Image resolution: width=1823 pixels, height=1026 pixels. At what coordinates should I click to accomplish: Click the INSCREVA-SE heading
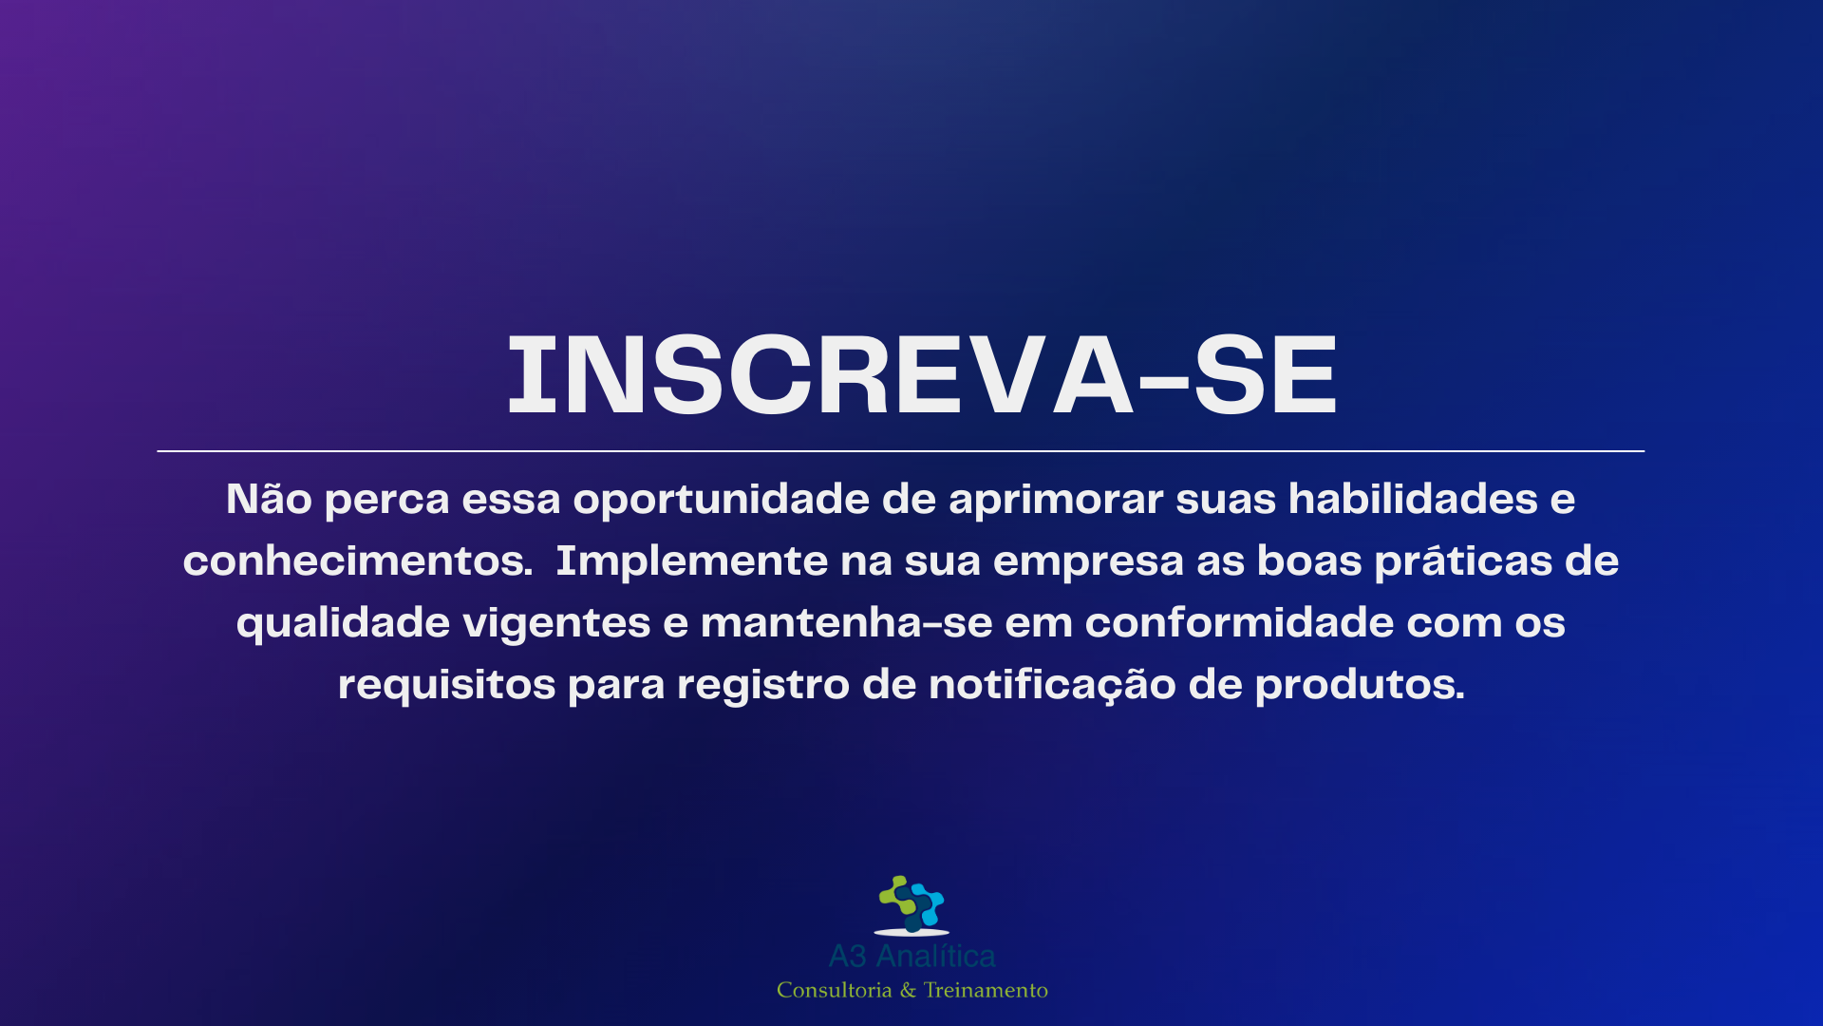point(922,375)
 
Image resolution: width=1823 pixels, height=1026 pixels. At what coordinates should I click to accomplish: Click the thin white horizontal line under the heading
point(900,450)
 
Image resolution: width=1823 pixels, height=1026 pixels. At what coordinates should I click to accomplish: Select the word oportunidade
point(721,501)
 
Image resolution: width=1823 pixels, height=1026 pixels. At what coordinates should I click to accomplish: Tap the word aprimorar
point(1056,501)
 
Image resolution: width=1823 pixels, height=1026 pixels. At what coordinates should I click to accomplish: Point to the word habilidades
point(1413,499)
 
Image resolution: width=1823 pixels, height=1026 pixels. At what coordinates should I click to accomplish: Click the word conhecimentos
point(358,560)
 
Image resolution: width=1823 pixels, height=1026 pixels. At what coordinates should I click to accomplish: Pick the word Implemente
point(691,562)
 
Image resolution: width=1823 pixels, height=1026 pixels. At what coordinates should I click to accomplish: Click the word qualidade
point(343,624)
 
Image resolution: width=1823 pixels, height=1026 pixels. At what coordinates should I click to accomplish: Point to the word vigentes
point(556,624)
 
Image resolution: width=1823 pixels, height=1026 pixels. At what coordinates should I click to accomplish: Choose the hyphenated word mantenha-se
point(846,622)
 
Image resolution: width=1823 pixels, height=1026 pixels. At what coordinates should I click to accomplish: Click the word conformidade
point(1239,622)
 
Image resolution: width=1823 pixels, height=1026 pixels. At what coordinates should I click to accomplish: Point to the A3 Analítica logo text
point(911,956)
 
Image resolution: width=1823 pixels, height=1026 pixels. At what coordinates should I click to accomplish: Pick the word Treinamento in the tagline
point(986,990)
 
